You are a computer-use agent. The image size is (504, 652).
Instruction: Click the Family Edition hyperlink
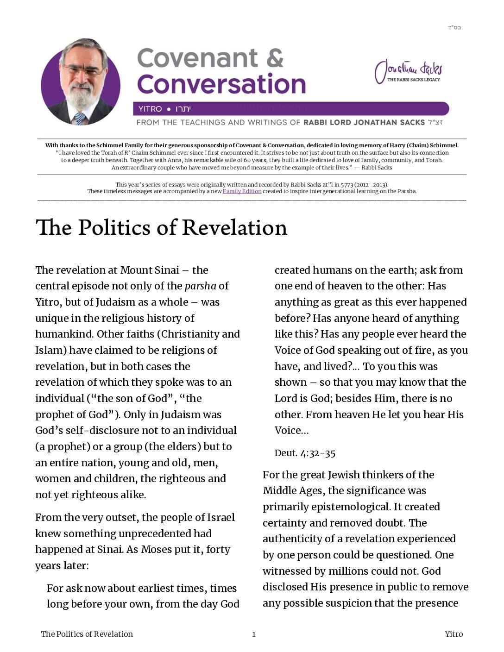coord(242,191)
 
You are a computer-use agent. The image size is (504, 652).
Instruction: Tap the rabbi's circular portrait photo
coord(81,82)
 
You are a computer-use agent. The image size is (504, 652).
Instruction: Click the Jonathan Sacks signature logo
coord(408,71)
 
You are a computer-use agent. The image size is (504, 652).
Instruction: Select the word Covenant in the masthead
coord(198,58)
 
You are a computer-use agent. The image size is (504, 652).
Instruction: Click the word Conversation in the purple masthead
coord(221,84)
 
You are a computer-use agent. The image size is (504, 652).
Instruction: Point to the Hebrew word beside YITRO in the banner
coord(183,109)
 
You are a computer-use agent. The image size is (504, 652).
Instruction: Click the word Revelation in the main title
coord(234,228)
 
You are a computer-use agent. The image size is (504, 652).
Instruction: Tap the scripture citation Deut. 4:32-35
coord(305,453)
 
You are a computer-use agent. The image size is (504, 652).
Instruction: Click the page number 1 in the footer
coord(254,634)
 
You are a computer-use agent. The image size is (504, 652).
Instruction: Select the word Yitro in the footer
coord(454,634)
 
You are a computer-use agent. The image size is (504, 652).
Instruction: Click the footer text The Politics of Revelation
coord(87,634)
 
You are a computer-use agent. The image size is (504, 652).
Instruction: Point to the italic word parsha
coord(200,286)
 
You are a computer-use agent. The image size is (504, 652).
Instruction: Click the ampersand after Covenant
coord(275,58)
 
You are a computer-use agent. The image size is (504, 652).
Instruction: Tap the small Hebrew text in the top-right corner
coord(454,27)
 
